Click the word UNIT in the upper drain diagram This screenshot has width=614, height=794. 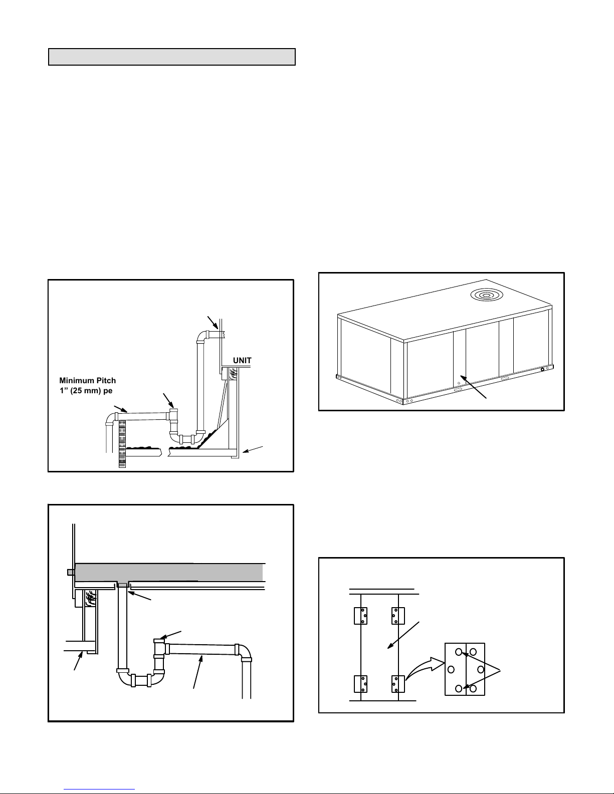click(242, 360)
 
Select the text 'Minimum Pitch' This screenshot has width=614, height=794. click(88, 381)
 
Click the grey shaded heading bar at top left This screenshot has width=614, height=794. click(171, 57)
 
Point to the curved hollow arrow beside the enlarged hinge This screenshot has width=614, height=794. click(425, 672)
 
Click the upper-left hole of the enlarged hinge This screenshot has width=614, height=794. click(459, 652)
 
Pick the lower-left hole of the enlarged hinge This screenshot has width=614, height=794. click(459, 688)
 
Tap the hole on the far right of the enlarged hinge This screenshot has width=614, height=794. click(480, 670)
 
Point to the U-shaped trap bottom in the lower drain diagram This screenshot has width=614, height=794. click(141, 680)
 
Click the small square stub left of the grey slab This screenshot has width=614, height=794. click(71, 572)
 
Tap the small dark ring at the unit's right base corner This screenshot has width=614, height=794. click(542, 370)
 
